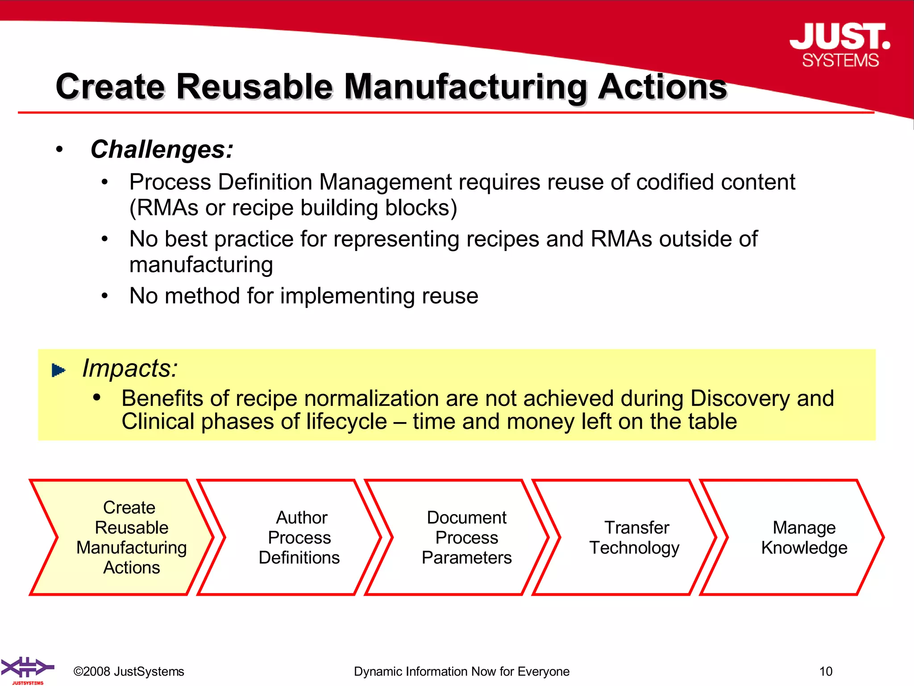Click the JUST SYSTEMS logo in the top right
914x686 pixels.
point(840,45)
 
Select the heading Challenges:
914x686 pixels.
point(162,149)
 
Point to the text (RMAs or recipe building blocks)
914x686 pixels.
point(293,208)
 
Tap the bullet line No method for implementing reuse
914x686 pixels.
point(303,296)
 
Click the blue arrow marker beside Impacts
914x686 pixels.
point(58,370)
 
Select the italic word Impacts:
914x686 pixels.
point(130,368)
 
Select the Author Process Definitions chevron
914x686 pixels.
point(299,537)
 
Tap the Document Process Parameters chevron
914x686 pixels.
point(466,537)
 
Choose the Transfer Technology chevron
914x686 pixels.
point(634,537)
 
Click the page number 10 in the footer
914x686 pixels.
point(826,671)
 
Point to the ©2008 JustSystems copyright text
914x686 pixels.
point(129,671)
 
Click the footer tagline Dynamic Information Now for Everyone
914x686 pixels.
point(461,671)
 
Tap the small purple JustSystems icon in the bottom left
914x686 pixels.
point(27,669)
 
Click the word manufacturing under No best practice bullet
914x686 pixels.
point(201,265)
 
